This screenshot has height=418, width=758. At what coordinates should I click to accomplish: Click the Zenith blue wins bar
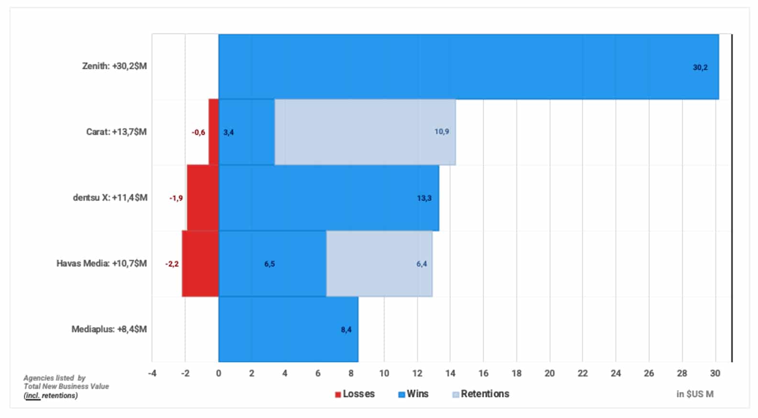468,67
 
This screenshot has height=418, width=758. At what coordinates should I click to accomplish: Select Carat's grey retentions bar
365,132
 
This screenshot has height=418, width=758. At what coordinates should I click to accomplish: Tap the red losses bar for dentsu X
202,198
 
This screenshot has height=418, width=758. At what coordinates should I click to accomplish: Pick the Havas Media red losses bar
200,264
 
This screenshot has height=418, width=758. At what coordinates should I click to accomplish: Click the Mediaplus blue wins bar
288,330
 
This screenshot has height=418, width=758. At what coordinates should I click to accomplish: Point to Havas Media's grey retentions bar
379,264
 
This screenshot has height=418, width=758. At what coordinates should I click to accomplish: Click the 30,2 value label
700,67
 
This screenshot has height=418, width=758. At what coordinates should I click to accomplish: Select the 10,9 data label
441,132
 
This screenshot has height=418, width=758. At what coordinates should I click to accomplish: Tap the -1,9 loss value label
176,198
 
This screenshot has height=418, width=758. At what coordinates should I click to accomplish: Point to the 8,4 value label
346,330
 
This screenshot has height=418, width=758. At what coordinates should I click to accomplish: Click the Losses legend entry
355,394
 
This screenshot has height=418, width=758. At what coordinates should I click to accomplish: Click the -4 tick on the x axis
152,374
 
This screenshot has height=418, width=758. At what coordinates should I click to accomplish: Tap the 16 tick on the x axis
483,374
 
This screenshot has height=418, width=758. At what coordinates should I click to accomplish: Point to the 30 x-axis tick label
715,374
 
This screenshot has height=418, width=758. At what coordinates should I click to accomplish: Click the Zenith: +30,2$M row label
114,66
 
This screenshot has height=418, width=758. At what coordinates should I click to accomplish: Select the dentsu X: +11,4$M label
110,198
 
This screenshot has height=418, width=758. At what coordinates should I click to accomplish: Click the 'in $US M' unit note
694,394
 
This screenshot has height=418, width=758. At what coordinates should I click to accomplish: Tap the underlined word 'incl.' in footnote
32,396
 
